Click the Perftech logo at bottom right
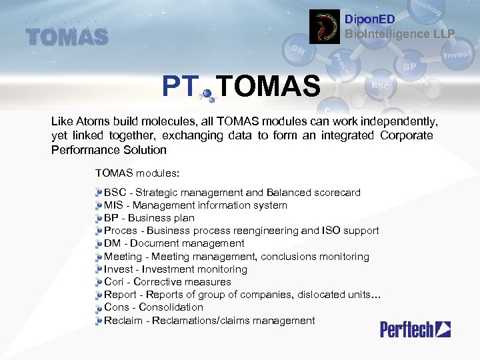pyautogui.click(x=415, y=329)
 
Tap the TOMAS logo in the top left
pyautogui.click(x=67, y=36)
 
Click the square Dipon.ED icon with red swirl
pyautogui.click(x=325, y=27)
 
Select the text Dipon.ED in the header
pyautogui.click(x=369, y=20)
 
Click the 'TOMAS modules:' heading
pyautogui.click(x=137, y=173)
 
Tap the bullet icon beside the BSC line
pyautogui.click(x=99, y=193)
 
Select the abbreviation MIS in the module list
pyautogui.click(x=114, y=205)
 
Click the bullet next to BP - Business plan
pyautogui.click(x=99, y=218)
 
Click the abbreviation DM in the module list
pyautogui.click(x=113, y=243)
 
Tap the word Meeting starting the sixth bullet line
pyautogui.click(x=123, y=257)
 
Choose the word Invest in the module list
pyautogui.click(x=119, y=269)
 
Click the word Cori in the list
pyautogui.click(x=115, y=282)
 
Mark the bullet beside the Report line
pyautogui.click(x=99, y=295)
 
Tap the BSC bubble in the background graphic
pyautogui.click(x=381, y=86)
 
